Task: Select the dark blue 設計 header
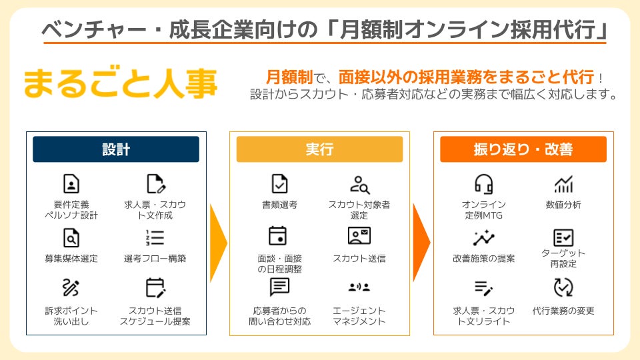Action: click(116, 149)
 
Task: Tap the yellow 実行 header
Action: click(319, 149)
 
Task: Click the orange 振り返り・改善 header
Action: click(523, 149)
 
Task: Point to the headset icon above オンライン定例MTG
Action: click(483, 185)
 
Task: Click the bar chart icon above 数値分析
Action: click(563, 185)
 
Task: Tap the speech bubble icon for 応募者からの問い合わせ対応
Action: click(279, 287)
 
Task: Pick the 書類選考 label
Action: click(279, 205)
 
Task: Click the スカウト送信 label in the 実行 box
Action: click(359, 258)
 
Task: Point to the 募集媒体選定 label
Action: click(71, 258)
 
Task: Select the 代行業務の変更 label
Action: click(563, 311)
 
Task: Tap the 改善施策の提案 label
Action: click(483, 258)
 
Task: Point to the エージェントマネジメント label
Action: click(359, 316)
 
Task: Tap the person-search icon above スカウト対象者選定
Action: click(359, 184)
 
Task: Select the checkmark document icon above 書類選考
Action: click(279, 184)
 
